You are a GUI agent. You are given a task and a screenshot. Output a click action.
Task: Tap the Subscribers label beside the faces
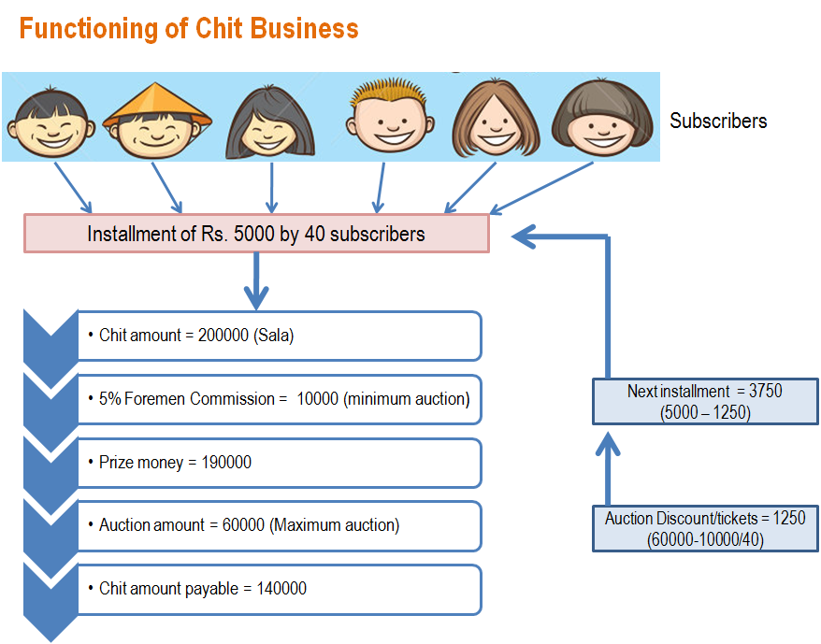click(x=718, y=121)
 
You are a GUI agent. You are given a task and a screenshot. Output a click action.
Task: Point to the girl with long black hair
click(x=269, y=122)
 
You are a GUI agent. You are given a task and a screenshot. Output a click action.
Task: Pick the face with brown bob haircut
click(x=602, y=119)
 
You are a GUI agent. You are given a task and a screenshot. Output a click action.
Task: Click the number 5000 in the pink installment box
click(x=254, y=234)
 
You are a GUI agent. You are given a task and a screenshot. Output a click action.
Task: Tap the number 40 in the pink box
click(x=315, y=234)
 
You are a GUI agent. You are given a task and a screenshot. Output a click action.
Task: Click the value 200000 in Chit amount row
click(x=223, y=336)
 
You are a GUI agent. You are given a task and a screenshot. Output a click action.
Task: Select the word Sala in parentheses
click(x=273, y=336)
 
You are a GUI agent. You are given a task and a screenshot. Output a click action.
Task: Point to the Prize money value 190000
click(x=226, y=463)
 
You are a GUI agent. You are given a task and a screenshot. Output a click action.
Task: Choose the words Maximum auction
click(x=335, y=525)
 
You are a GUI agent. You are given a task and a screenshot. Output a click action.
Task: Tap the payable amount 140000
click(x=281, y=589)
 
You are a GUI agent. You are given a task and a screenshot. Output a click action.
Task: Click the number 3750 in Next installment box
click(x=766, y=391)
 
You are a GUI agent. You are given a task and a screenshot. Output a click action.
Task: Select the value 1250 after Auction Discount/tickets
click(x=789, y=519)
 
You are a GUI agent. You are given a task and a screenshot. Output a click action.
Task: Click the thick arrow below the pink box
click(x=256, y=280)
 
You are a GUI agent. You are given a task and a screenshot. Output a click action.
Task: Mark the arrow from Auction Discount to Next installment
click(x=608, y=468)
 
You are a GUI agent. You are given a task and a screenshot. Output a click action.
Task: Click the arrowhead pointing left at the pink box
click(x=524, y=236)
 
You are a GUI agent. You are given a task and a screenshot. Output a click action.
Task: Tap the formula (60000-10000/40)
click(x=705, y=539)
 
